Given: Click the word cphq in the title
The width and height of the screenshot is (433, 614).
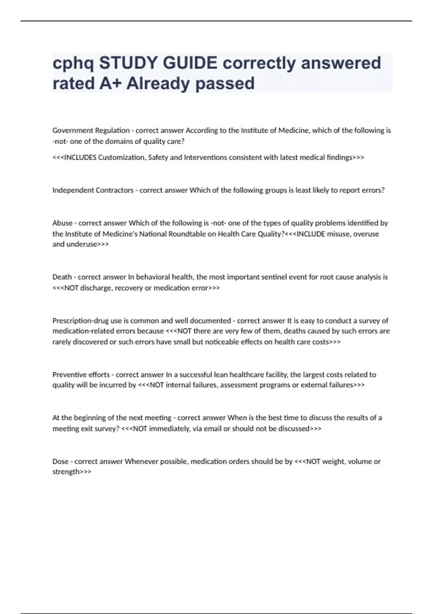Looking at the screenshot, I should (73, 64).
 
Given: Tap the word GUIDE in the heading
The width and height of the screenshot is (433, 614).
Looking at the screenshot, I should (190, 63).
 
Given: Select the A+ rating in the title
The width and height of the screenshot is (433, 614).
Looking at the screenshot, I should (110, 83).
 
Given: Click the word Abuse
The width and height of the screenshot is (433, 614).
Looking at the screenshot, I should (62, 223).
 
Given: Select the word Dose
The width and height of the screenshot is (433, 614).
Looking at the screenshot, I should (60, 461).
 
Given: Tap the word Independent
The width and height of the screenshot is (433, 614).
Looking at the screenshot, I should (72, 190).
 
